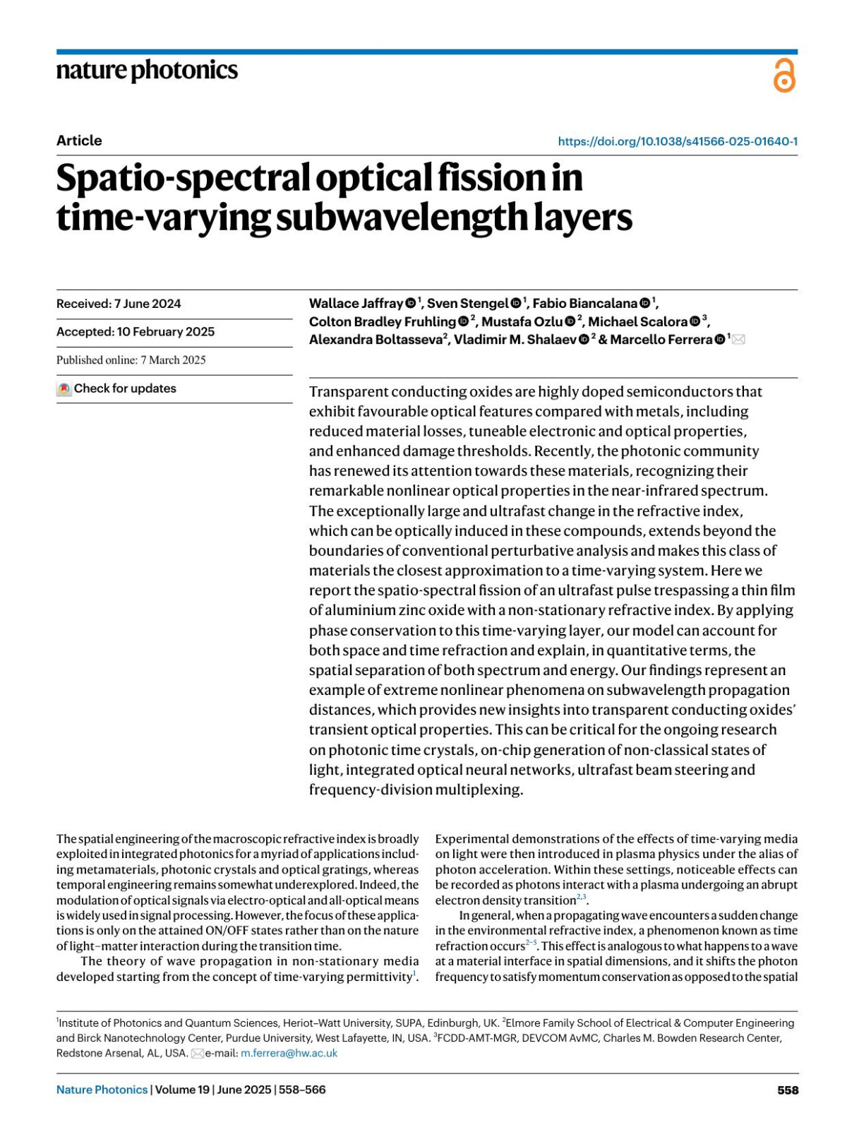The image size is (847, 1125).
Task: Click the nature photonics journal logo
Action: click(147, 71)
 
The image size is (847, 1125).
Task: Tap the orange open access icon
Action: click(783, 76)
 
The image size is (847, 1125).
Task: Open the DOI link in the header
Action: click(678, 141)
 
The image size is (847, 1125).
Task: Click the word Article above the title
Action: click(79, 141)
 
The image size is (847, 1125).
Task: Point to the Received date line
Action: click(119, 304)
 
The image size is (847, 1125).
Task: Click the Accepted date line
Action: click(136, 332)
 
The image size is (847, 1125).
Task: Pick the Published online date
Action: click(131, 360)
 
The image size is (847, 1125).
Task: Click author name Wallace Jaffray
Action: click(356, 304)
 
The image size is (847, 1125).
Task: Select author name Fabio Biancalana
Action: click(584, 304)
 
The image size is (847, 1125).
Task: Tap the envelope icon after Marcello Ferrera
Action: click(738, 340)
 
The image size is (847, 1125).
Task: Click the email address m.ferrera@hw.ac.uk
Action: click(289, 1053)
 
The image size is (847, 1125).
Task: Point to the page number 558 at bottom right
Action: click(788, 1090)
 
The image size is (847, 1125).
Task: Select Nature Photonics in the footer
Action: click(102, 1090)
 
